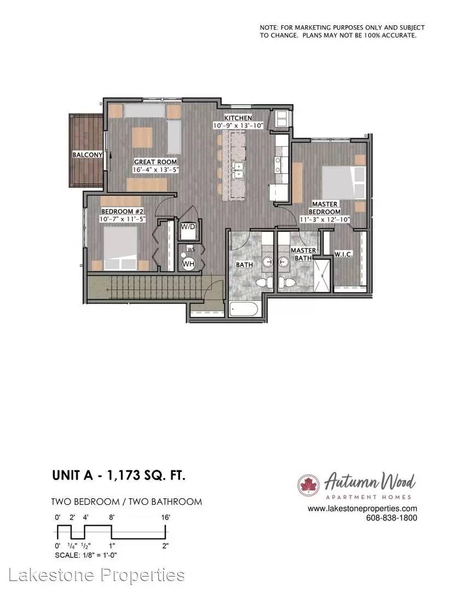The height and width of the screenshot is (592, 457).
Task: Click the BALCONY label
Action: (x=88, y=155)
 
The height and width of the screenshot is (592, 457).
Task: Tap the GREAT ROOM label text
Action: (x=155, y=162)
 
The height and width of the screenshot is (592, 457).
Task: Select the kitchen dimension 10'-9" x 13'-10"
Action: (x=238, y=126)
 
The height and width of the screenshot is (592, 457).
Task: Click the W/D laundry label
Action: (x=188, y=227)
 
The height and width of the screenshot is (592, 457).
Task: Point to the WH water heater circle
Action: (x=188, y=264)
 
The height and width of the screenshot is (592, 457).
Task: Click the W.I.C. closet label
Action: (x=344, y=254)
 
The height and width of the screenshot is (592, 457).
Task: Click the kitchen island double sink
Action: (x=238, y=170)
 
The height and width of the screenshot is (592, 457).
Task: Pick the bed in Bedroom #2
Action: (x=120, y=248)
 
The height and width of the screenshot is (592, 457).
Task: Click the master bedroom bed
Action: (x=344, y=183)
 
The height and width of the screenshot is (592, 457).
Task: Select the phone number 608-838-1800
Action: (x=392, y=517)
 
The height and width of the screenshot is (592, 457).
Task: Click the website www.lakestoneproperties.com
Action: (x=362, y=509)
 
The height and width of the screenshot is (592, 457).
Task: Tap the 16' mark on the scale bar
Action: (x=165, y=517)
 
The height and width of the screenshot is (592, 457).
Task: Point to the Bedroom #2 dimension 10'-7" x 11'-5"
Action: (x=123, y=219)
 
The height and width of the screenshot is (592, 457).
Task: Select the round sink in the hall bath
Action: (x=267, y=261)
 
